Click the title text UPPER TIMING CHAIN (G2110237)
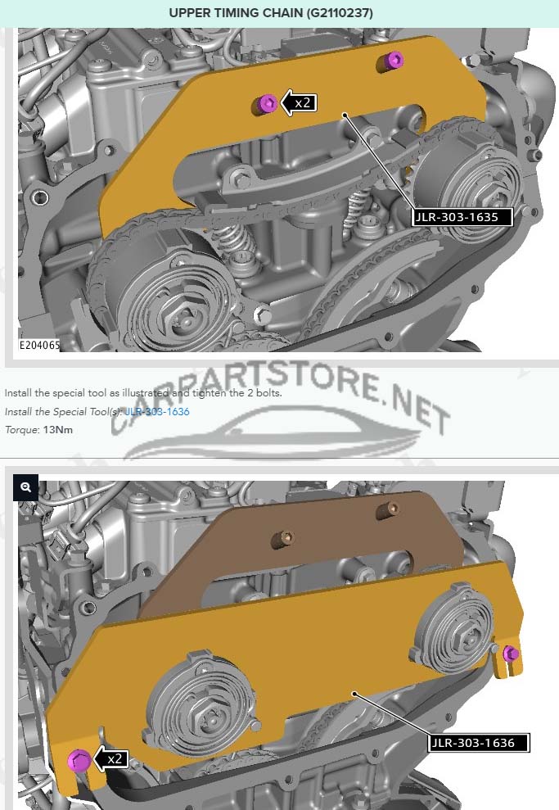(271, 13)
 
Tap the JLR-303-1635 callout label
(462, 217)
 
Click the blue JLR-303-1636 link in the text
(157, 412)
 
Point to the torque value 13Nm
(58, 430)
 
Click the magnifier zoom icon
(26, 487)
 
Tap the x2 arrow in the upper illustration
(299, 103)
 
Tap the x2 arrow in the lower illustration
(110, 758)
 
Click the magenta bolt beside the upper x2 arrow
(268, 103)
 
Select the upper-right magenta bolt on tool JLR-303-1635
(394, 60)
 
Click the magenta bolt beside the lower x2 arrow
(79, 760)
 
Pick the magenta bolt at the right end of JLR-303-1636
(511, 654)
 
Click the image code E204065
(39, 345)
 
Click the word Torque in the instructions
(21, 430)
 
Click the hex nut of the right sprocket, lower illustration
(469, 637)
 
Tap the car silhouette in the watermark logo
(273, 434)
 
